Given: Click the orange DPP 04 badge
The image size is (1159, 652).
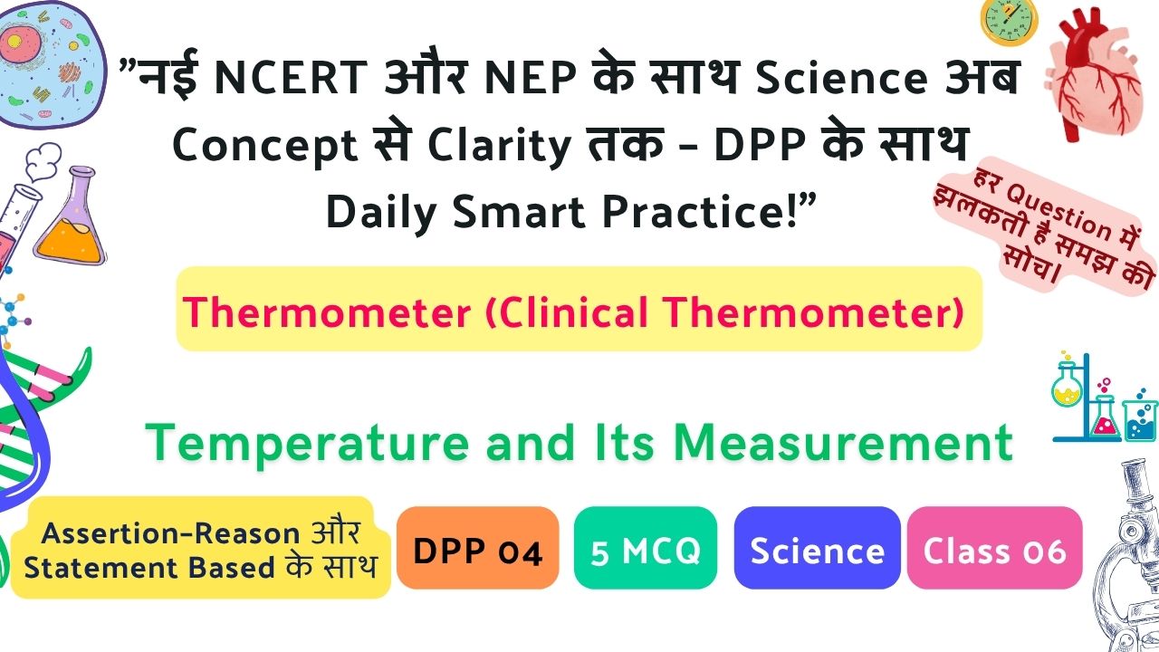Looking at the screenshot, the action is pos(477,548).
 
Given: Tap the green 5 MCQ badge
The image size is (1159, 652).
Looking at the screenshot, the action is pos(646,548).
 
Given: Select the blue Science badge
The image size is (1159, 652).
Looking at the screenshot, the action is pos(817,548).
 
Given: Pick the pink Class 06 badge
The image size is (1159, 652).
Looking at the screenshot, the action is pos(994,548).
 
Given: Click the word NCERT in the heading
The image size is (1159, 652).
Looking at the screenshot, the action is pos(291,78).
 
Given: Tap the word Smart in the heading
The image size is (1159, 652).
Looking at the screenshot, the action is pos(519,212).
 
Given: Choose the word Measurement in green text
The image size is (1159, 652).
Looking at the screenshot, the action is pos(843,443).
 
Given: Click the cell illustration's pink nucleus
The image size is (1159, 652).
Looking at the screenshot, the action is pos(14,42).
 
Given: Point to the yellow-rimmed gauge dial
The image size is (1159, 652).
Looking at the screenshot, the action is pos(1009,21).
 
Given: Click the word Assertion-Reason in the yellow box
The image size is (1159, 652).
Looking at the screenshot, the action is pos(171,533).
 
